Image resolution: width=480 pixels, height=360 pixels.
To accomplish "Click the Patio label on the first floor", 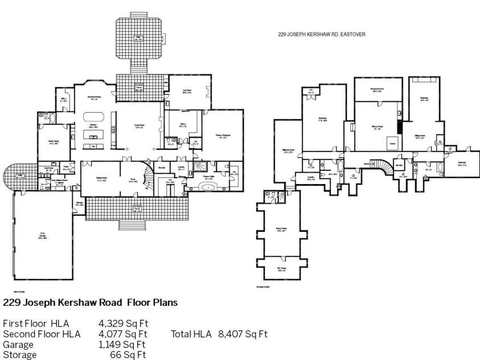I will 137,38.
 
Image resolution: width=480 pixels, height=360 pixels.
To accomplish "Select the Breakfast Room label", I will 94,98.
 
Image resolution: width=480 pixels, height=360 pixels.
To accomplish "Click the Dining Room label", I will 102,181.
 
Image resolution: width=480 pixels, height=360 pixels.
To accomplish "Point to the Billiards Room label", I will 287,152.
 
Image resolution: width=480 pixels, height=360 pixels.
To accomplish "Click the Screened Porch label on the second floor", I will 376,90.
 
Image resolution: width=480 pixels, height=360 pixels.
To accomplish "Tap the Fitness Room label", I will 377,128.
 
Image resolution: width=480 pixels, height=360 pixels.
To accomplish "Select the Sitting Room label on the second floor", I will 420,137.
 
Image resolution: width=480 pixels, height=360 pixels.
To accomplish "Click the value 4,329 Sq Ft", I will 123,323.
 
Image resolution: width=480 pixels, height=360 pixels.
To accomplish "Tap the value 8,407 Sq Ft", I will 243,334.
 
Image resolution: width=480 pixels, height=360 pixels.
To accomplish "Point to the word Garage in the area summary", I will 18,345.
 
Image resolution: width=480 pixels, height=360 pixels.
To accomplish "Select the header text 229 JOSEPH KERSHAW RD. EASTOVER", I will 321,34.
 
